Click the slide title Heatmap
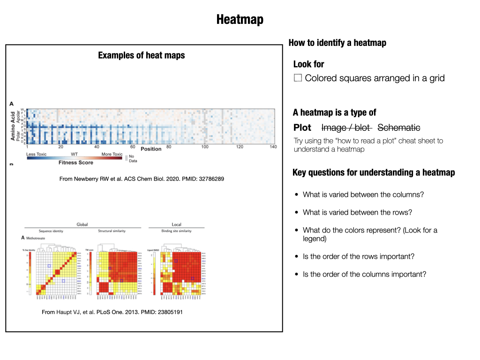tap(240, 20)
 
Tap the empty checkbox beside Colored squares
tap(298, 78)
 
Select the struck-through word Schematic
tap(398, 127)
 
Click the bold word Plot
tap(302, 127)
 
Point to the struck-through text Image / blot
tap(346, 127)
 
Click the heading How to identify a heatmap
tap(337, 43)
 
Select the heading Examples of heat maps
tap(141, 55)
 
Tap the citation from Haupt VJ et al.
tap(112, 312)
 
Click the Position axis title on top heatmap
tap(151, 149)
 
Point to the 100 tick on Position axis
tap(204, 147)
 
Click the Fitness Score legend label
tap(76, 163)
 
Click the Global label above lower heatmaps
tap(82, 225)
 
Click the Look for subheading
tap(308, 64)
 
